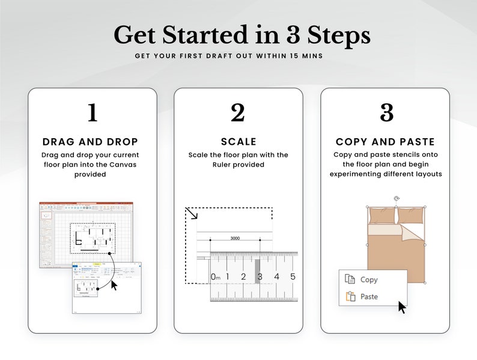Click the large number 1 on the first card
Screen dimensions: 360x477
[x=92, y=113]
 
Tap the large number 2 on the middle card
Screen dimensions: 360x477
[x=238, y=113]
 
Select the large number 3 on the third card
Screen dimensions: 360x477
[x=386, y=113]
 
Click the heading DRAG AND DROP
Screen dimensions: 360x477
[x=91, y=142]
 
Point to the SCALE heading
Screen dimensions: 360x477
[x=239, y=142]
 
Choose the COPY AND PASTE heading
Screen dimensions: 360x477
[x=385, y=142]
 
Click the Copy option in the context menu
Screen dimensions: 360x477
[x=368, y=279]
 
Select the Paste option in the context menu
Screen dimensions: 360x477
[x=368, y=296]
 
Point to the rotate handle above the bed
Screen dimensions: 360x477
[x=396, y=198]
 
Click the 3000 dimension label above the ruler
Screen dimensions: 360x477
[x=235, y=238]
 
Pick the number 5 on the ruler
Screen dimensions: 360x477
[x=293, y=276]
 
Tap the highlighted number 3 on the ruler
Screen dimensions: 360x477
[x=259, y=276]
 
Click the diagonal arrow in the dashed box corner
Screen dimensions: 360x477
[x=192, y=213]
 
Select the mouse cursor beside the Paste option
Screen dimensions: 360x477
[x=402, y=307]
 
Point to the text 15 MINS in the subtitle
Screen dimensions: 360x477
[x=307, y=56]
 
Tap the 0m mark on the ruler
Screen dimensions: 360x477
[x=216, y=276]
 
